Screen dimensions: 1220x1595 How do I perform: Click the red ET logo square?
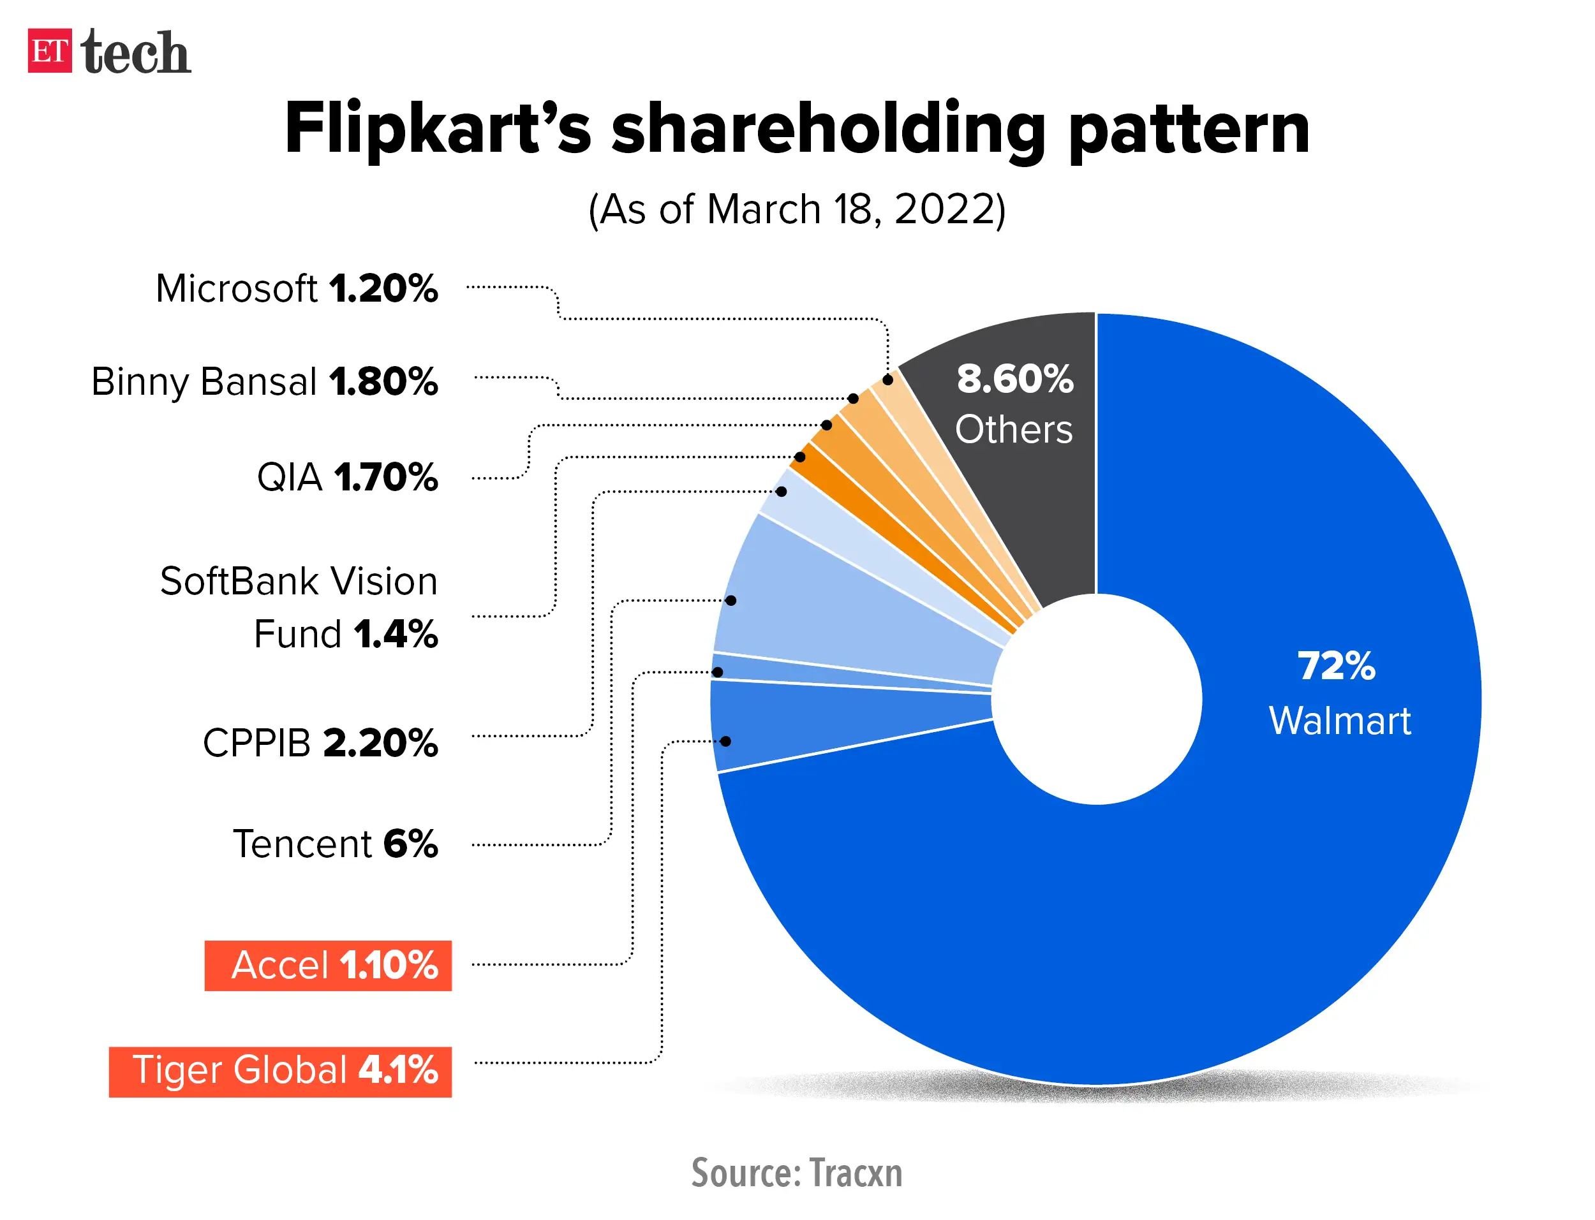coord(49,50)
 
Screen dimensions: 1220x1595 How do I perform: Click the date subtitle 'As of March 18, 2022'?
coord(797,210)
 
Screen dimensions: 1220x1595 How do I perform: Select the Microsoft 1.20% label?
coord(296,288)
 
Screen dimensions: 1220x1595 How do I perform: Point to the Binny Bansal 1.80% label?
coord(264,381)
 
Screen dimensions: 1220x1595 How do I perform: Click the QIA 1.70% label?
coord(347,477)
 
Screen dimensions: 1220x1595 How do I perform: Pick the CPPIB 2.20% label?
coord(320,743)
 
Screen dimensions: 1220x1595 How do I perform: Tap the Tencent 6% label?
coord(335,844)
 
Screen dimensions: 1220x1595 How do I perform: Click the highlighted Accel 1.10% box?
coord(329,965)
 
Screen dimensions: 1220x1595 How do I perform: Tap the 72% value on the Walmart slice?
coord(1336,666)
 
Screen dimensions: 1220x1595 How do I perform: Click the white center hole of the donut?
coord(1096,698)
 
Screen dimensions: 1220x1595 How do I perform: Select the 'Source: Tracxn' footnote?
coord(797,1172)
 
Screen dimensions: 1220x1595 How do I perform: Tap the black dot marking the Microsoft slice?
coord(887,380)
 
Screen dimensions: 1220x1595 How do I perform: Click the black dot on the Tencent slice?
coord(731,601)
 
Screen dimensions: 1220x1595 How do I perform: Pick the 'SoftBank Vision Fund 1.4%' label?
coord(299,607)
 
